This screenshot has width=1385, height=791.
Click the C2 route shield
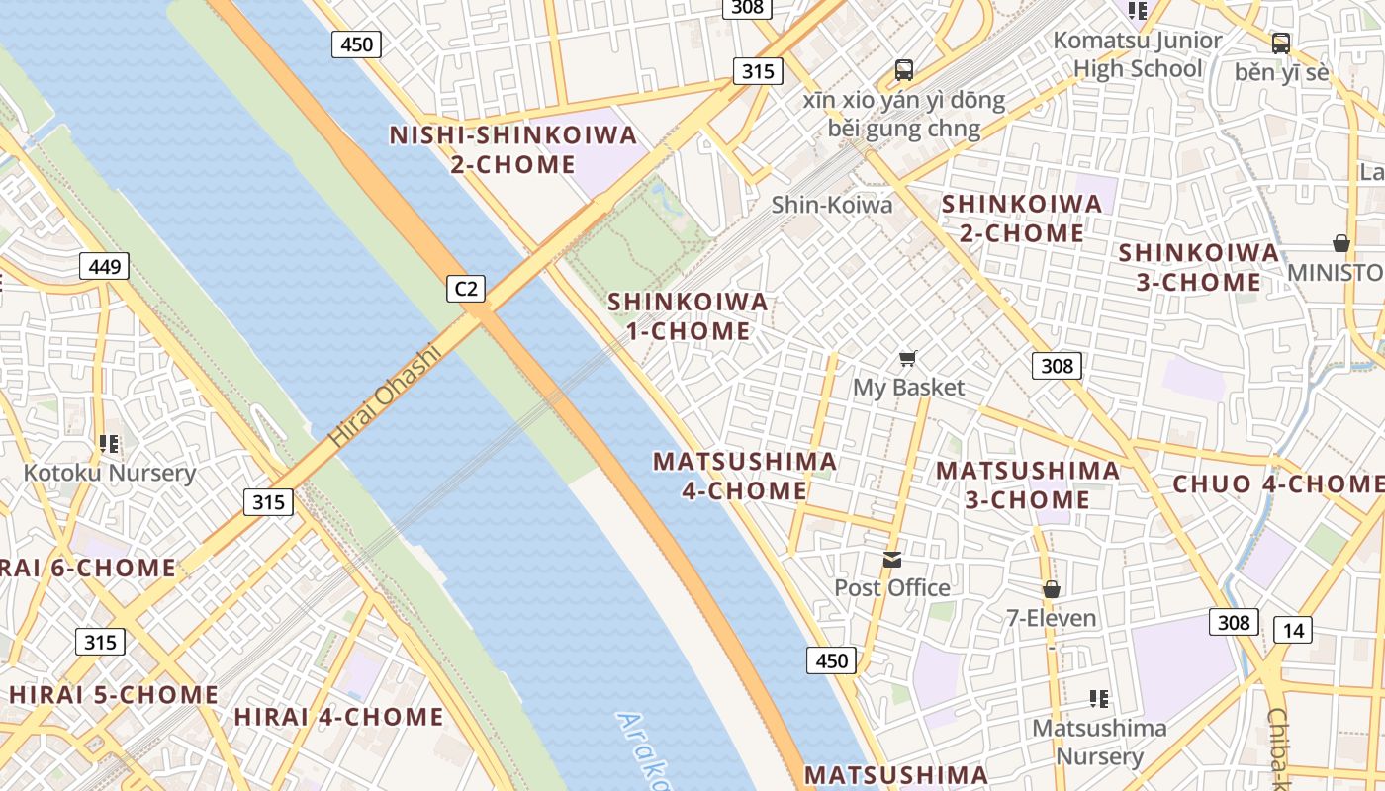(x=466, y=288)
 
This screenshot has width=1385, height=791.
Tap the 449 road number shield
(x=104, y=266)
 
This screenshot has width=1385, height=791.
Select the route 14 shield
(x=1292, y=630)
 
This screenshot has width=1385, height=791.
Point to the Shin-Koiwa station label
(x=831, y=205)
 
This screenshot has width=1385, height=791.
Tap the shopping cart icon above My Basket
(x=907, y=359)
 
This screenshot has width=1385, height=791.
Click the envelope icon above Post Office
(x=892, y=560)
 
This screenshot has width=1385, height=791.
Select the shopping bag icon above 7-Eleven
(x=1051, y=589)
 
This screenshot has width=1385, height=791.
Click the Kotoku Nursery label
(x=110, y=473)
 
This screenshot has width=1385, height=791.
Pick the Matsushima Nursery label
(x=1099, y=742)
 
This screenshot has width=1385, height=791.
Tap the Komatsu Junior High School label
(x=1137, y=54)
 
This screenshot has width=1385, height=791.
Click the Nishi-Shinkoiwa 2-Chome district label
(x=512, y=149)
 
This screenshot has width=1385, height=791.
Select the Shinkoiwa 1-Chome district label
(x=688, y=316)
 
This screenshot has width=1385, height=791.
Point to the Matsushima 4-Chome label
(x=745, y=476)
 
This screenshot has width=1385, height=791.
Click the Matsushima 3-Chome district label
(x=1028, y=484)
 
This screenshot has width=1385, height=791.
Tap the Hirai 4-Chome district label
(x=338, y=717)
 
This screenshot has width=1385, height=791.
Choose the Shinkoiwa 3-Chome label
(x=1199, y=267)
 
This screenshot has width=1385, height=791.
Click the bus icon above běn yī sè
(x=1281, y=43)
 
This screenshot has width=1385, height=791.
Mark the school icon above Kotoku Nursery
(x=109, y=444)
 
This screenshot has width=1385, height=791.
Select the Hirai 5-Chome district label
(x=113, y=694)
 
